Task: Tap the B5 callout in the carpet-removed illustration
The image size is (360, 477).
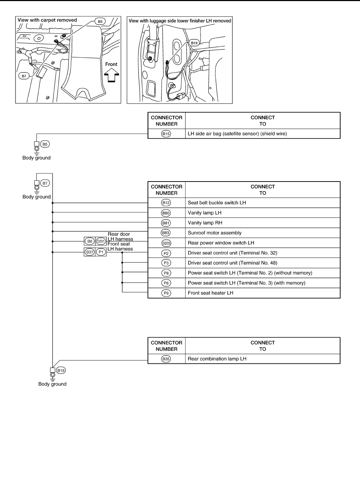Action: coord(100,22)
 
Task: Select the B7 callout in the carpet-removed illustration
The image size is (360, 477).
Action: coord(24,76)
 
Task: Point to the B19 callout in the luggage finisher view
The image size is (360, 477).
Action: coord(194,43)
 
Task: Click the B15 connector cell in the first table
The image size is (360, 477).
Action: coord(166,134)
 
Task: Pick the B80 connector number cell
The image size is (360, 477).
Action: coord(166,213)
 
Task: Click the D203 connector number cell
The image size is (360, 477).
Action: coord(166,243)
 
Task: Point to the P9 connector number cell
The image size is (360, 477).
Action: coord(166,293)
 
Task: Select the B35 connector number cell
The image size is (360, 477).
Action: coord(166,359)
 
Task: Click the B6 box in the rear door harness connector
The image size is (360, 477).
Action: coord(90,241)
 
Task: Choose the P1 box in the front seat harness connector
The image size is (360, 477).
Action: coord(101,252)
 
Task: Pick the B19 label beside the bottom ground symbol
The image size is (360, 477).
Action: coord(61,370)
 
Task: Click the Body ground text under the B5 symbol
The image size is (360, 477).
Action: coord(36,158)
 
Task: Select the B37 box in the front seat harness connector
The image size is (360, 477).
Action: coord(90,252)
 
